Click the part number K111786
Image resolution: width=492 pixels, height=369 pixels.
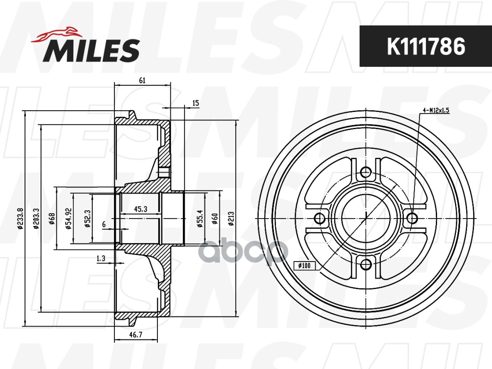click(x=426, y=47)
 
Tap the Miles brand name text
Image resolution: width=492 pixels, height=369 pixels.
click(x=91, y=50)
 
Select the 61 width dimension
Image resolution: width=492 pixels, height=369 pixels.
click(x=142, y=81)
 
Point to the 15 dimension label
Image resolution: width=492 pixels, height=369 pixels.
click(x=196, y=103)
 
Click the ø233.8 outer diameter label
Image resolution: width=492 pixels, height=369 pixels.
click(x=21, y=219)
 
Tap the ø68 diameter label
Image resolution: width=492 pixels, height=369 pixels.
click(x=52, y=219)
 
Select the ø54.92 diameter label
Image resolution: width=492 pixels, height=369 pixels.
click(x=69, y=219)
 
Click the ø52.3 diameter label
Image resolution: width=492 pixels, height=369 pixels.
click(x=88, y=219)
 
